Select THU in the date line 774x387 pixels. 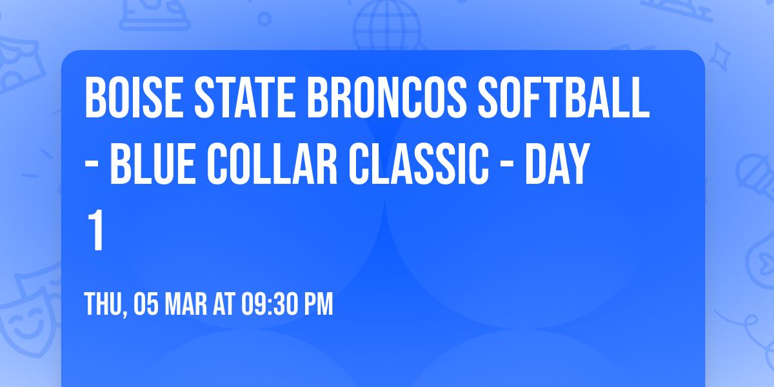(x=103, y=304)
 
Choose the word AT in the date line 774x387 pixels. (x=225, y=304)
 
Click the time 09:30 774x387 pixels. (x=269, y=304)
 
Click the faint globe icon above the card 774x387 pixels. (x=386, y=26)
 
